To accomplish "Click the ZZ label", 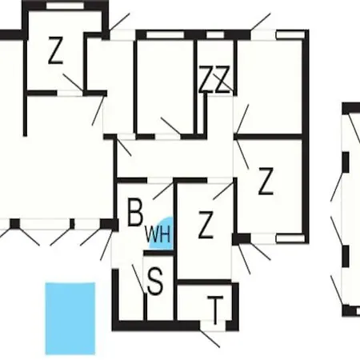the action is pyautogui.click(x=214, y=79).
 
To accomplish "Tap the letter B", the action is pyautogui.click(x=135, y=212).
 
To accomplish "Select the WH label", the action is pyautogui.click(x=158, y=234).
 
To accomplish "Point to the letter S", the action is pyautogui.click(x=155, y=282).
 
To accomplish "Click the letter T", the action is pyautogui.click(x=215, y=310).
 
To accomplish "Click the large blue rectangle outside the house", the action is pyautogui.click(x=70, y=318).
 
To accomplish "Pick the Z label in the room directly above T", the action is pyautogui.click(x=206, y=225).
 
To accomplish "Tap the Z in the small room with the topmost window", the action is pyautogui.click(x=55, y=50).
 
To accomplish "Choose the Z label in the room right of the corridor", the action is pyautogui.click(x=266, y=181).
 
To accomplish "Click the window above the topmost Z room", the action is pyautogui.click(x=65, y=6).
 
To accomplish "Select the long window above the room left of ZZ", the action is pyautogui.click(x=165, y=35).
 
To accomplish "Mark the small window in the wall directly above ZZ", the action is pyautogui.click(x=215, y=35).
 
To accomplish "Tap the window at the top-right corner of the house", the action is pyautogui.click(x=290, y=35).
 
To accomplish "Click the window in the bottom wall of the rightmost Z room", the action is pyautogui.click(x=290, y=238).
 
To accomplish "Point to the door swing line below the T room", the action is pyautogui.click(x=210, y=338).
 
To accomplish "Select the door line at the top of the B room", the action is pyautogui.click(x=163, y=190).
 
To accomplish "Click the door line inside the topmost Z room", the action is pyautogui.click(x=74, y=82).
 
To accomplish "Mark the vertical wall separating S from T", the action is pyautogui.click(x=175, y=287).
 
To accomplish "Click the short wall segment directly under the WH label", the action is pyautogui.click(x=158, y=253).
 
